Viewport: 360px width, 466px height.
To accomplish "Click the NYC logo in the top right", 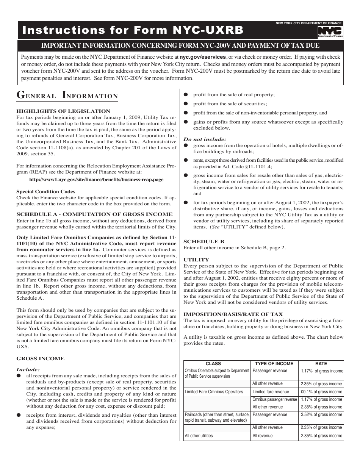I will tap(330, 32).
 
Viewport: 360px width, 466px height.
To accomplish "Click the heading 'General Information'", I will tap(67, 95).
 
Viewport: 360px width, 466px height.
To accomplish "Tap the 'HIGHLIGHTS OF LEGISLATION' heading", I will tap(63, 111).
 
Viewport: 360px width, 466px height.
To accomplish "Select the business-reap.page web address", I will tap(96, 180).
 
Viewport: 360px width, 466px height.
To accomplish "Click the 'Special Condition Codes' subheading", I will tap(46, 192).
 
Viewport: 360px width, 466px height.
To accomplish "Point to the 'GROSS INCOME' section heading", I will tap(41, 359).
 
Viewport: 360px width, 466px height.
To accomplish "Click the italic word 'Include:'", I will tap(28, 370).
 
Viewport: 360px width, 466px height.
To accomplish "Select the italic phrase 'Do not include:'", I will tap(205, 139).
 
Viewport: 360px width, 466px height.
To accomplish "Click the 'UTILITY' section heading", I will tap(196, 260).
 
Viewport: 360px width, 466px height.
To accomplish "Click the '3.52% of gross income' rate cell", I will tap(321, 415).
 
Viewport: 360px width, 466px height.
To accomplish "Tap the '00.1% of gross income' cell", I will tap(321, 392).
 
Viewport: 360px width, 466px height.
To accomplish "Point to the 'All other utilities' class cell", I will tap(199, 436).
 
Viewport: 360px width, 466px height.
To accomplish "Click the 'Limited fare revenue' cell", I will tap(271, 392).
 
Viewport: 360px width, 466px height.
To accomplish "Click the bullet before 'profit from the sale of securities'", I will tap(186, 104).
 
